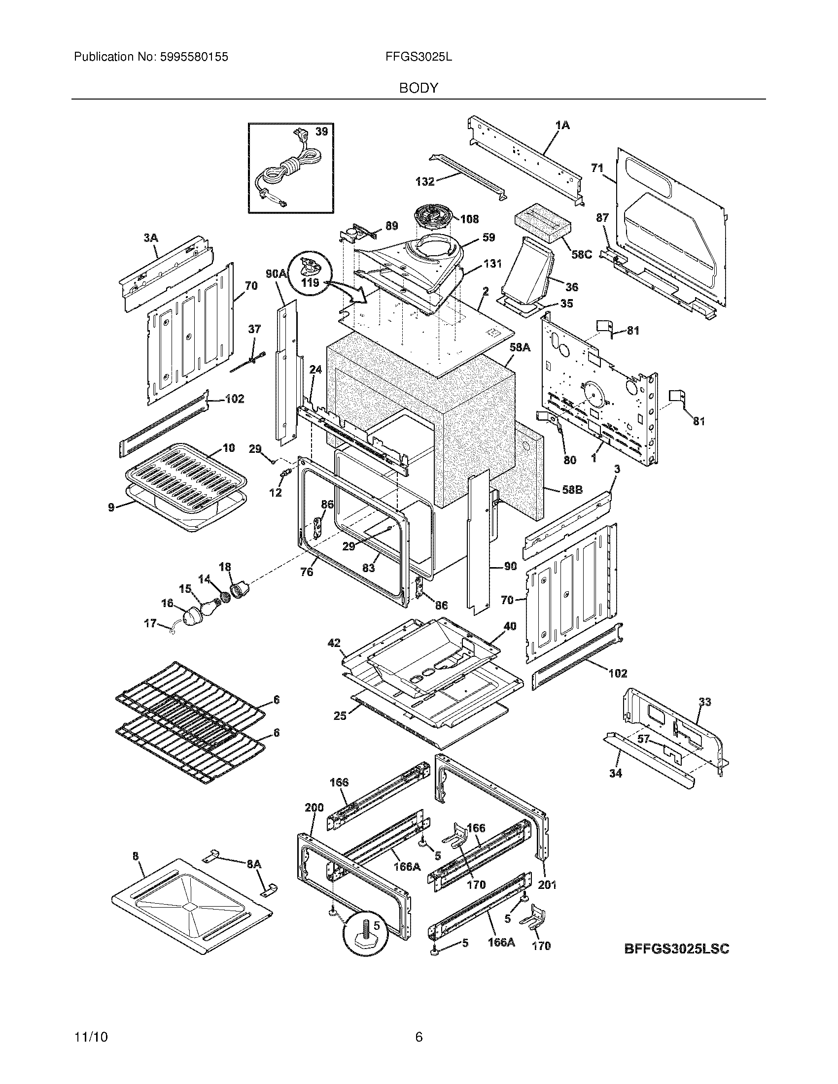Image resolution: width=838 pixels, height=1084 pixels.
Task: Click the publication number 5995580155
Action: [194, 57]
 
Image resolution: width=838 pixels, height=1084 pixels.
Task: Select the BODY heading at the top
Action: [419, 88]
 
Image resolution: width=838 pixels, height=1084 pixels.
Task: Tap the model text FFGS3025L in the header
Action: [418, 57]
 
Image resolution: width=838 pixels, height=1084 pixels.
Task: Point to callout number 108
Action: [469, 219]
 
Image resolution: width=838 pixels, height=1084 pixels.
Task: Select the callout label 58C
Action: [581, 255]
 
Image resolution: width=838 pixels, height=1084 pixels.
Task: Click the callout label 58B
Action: [572, 489]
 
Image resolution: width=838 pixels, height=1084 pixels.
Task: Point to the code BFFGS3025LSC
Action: [676, 949]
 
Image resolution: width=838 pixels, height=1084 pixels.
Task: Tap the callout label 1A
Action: [562, 126]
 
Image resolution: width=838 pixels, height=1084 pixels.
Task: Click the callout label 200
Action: [314, 808]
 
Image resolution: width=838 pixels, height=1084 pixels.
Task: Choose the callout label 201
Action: [547, 884]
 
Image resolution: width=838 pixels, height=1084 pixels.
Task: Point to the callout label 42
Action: [334, 643]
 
